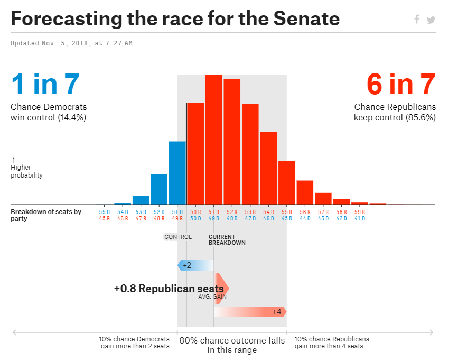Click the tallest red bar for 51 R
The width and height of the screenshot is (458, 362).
click(213, 140)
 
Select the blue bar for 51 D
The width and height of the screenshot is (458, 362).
click(177, 173)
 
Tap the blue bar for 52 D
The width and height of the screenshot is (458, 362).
click(159, 189)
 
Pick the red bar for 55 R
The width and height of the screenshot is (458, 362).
click(286, 183)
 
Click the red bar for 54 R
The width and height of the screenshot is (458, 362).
click(268, 168)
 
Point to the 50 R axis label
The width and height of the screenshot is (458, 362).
click(195, 212)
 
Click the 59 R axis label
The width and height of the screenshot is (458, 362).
click(359, 212)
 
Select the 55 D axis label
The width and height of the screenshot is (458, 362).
click(105, 212)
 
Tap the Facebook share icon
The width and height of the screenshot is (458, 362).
click(417, 20)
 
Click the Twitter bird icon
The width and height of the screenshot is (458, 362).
click(431, 20)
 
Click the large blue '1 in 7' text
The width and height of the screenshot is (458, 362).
click(45, 84)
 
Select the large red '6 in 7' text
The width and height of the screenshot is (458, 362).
click(401, 84)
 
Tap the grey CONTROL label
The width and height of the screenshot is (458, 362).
click(178, 237)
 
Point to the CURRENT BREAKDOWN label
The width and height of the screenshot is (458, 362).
click(227, 240)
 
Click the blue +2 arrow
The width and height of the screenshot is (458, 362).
click(196, 265)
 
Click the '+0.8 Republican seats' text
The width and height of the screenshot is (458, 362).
click(169, 289)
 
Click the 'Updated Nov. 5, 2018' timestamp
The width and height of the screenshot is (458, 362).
click(71, 43)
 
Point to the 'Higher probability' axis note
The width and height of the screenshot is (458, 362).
click(26, 171)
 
